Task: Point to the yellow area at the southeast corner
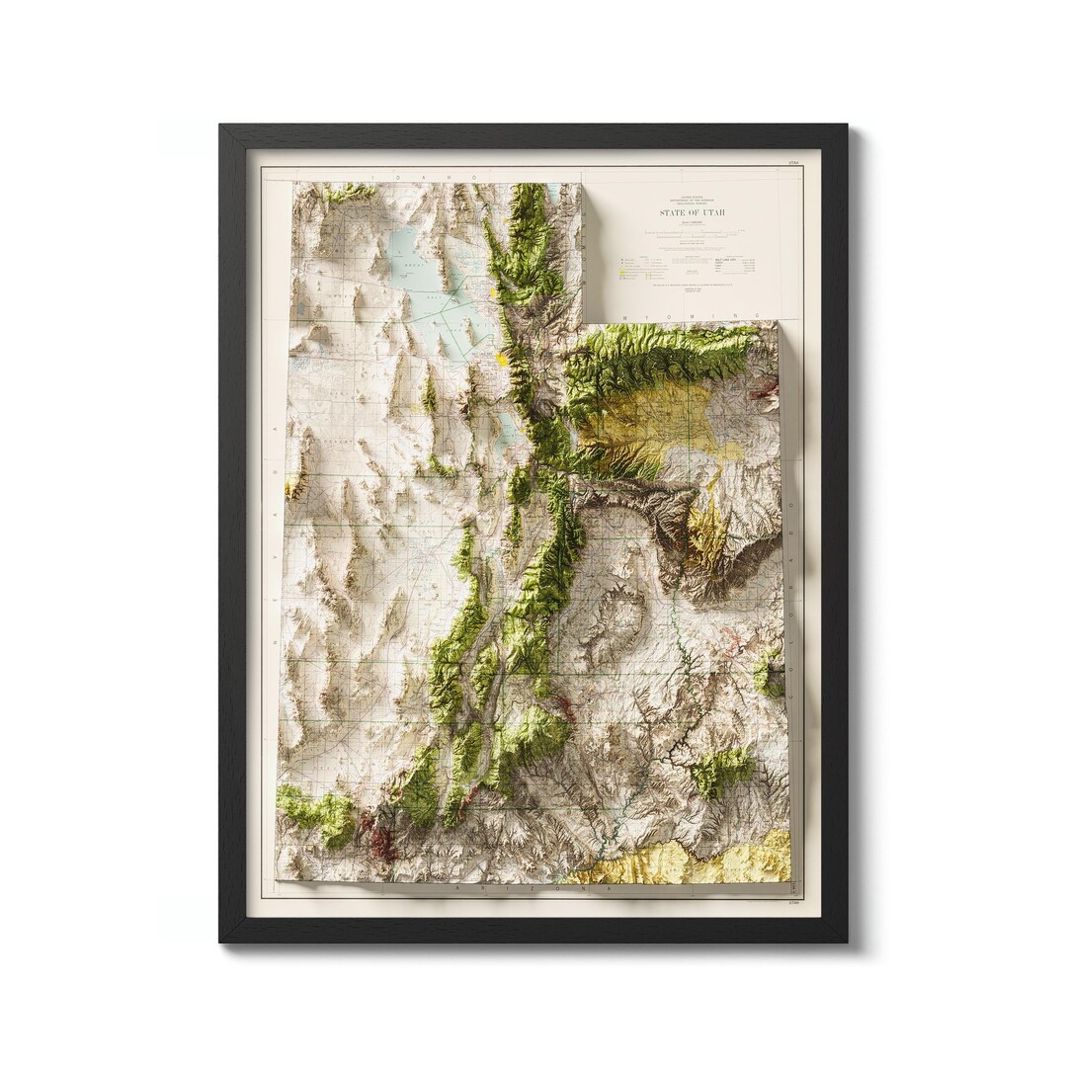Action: [x=692, y=860]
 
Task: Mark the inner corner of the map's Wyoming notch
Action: [x=585, y=321]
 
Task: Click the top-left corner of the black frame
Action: [x=221, y=125]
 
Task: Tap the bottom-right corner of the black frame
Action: [x=846, y=941]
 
